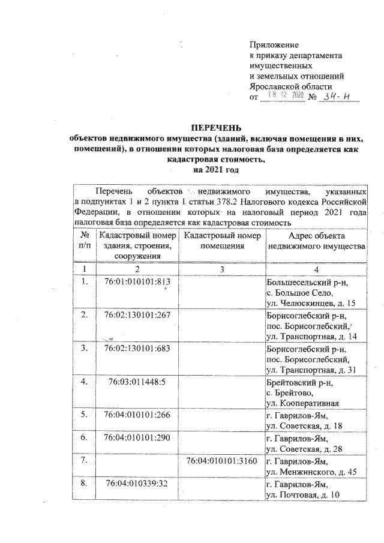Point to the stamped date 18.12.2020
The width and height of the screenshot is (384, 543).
tap(281, 96)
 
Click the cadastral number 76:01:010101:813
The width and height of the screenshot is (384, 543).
tap(138, 282)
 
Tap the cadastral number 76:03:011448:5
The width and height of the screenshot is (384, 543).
tap(138, 382)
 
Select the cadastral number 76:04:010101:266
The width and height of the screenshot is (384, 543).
tap(138, 415)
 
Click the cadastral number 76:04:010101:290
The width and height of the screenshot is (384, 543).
tap(138, 438)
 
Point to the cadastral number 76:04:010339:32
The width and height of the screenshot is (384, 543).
tap(138, 483)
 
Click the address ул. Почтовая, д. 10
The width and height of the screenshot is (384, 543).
tap(302, 494)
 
